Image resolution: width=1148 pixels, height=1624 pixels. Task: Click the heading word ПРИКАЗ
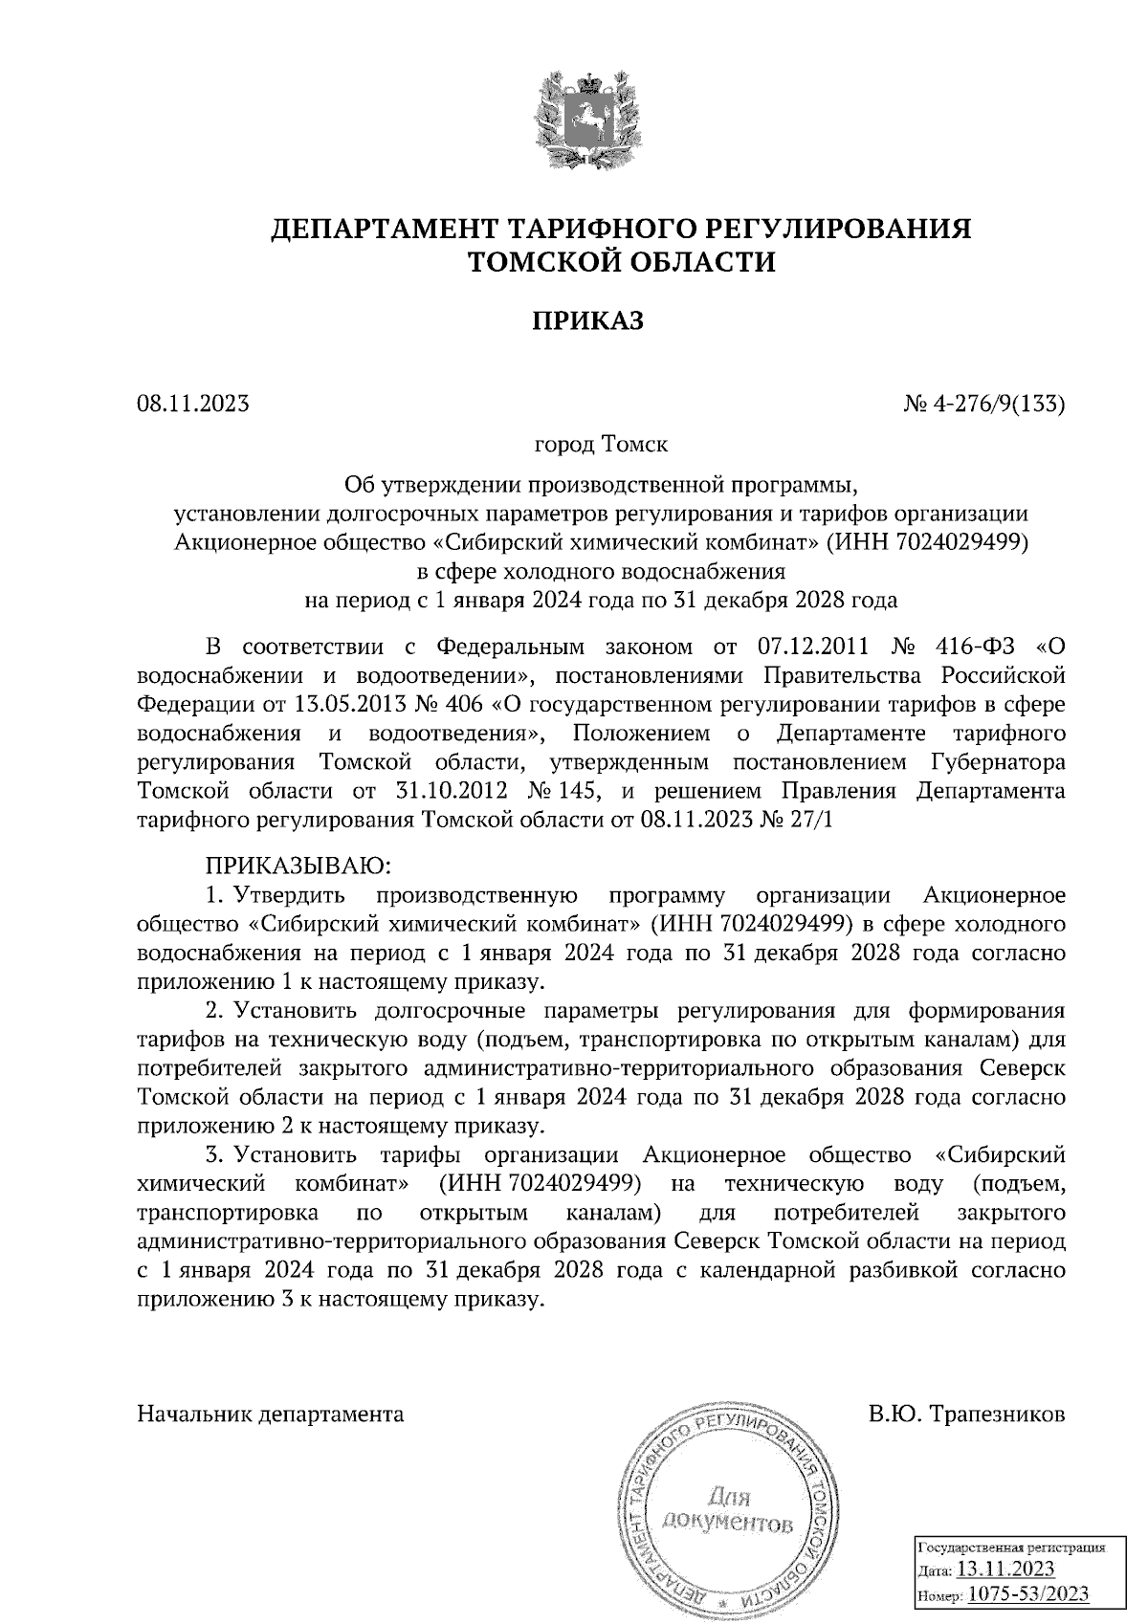(587, 320)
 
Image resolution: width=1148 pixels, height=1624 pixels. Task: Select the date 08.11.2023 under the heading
(192, 404)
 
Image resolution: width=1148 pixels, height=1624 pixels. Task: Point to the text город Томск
(601, 445)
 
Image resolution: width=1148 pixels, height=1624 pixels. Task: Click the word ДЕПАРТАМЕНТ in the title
(382, 229)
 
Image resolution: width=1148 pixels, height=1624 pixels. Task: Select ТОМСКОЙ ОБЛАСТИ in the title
(620, 261)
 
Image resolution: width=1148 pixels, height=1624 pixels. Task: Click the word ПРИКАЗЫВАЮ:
(295, 867)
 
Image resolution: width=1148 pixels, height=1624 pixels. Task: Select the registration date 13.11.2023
(1005, 1569)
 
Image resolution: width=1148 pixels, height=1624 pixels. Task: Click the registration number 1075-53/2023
(1027, 1594)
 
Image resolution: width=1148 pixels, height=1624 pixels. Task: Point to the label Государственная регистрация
(1011, 1546)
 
